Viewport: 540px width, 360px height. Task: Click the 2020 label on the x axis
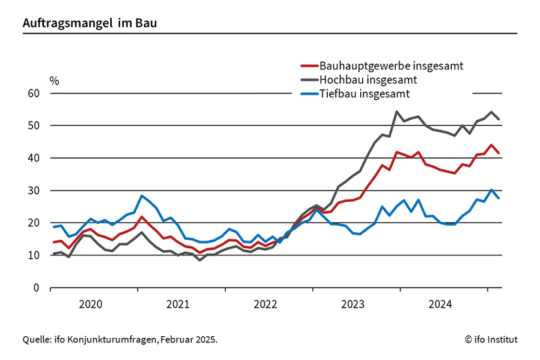[x=91, y=305]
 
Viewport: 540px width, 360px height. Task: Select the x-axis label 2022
[x=265, y=305]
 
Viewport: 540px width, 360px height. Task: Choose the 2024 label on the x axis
[x=440, y=305]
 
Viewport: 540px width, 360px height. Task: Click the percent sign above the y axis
[x=55, y=81]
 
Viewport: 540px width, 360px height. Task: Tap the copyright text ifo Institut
[x=491, y=339]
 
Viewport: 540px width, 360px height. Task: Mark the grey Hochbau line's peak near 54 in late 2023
[x=397, y=111]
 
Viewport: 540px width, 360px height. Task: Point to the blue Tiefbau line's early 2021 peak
[x=141, y=196]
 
